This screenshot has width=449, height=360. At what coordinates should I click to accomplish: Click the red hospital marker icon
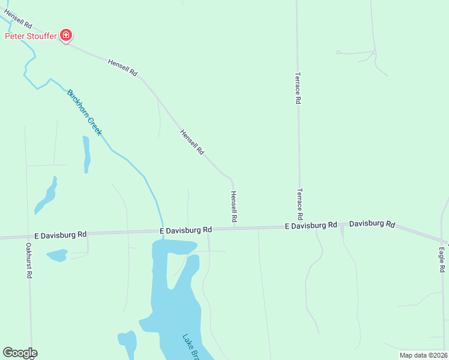coord(67,36)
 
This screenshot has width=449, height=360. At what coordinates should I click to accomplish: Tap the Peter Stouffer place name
coord(31,36)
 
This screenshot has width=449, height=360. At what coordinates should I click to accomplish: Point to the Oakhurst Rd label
coord(28,260)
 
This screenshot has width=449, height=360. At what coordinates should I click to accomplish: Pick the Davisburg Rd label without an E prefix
coord(372,224)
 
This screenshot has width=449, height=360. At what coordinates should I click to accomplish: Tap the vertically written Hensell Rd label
coord(234,208)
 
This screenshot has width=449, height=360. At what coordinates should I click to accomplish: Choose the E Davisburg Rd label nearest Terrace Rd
coord(310,226)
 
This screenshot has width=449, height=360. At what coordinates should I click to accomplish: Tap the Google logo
coord(20,353)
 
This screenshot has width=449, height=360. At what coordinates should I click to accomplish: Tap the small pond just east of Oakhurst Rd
coord(57,256)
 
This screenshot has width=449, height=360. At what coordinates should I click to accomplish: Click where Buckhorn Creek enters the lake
coord(162,239)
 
